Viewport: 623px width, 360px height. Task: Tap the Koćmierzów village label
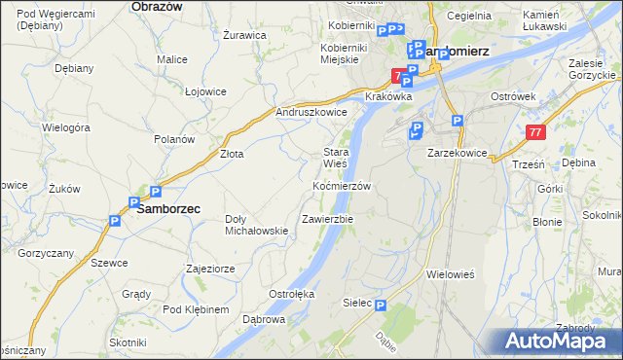coord(342,185)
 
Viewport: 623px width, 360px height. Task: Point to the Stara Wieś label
coord(336,158)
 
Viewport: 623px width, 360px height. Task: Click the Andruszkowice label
coord(311,112)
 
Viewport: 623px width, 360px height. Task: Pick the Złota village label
coord(232,154)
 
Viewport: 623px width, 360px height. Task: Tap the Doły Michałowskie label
coord(256,225)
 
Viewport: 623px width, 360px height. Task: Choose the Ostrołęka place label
coord(290,293)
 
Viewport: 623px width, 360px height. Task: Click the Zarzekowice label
coord(458,153)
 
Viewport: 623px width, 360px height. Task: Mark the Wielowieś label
coord(450,274)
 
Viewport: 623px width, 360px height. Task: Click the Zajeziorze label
coord(210,268)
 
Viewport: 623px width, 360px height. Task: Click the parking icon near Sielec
coord(381,305)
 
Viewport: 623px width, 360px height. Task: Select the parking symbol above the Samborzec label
coord(153,192)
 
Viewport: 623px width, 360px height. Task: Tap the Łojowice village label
coord(205,90)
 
